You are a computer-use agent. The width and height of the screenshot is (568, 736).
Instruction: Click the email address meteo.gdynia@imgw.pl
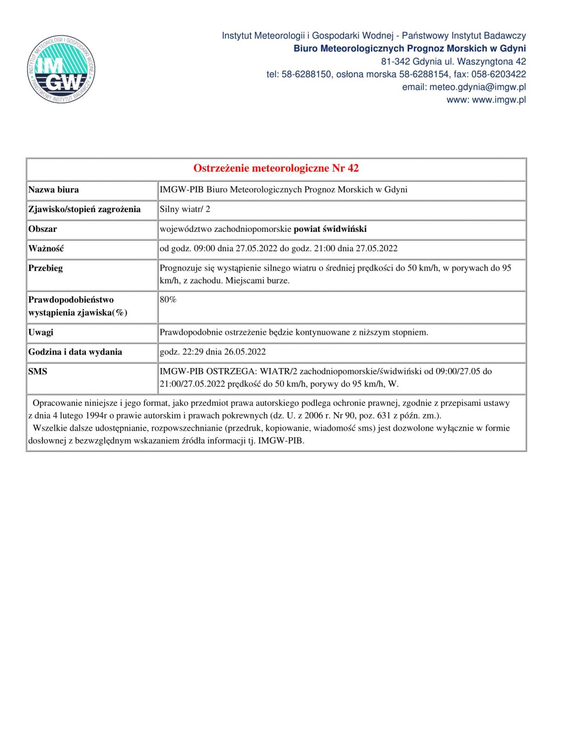point(477,87)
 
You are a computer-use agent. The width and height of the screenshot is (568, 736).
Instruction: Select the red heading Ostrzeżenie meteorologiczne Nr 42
point(276,168)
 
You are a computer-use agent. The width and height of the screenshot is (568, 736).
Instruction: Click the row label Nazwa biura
point(53,190)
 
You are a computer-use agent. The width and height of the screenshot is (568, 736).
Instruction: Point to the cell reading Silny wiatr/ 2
point(185,209)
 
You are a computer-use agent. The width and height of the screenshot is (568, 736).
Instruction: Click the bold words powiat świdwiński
point(330,229)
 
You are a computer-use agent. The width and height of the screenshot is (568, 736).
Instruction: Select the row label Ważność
point(46,249)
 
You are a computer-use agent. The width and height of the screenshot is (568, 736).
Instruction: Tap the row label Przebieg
point(45,268)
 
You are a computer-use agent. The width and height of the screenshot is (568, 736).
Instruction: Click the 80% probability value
point(168,300)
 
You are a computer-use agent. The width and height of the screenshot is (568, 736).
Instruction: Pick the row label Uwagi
point(41,332)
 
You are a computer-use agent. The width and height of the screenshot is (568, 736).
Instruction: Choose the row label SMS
point(38,371)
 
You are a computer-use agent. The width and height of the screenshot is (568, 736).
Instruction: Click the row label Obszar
point(43,229)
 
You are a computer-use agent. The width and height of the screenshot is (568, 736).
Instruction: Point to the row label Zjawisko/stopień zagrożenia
point(85,209)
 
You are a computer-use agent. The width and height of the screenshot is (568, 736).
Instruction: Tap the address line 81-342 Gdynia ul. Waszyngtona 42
point(453,62)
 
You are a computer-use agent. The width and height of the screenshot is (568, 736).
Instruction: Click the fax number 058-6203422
point(499,75)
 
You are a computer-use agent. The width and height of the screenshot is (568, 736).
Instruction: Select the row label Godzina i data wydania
point(75,352)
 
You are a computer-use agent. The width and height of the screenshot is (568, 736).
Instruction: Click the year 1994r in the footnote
point(87,416)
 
